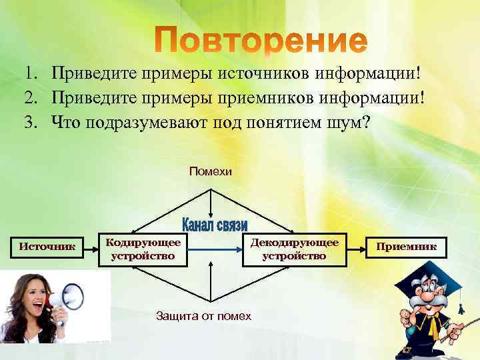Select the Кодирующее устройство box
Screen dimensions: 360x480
[143, 248]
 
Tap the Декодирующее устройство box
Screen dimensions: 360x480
[294, 248]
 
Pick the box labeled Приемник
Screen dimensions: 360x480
[407, 247]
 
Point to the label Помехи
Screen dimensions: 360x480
[211, 172]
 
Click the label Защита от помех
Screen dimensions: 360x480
[203, 315]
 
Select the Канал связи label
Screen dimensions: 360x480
[215, 225]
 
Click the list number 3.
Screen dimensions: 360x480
[31, 122]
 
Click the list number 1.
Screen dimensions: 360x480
[31, 73]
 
